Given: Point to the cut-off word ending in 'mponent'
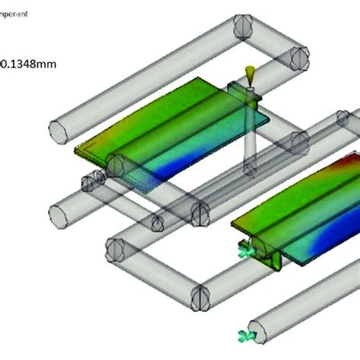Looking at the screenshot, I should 14,14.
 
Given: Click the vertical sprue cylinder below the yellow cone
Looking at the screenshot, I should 249,137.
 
